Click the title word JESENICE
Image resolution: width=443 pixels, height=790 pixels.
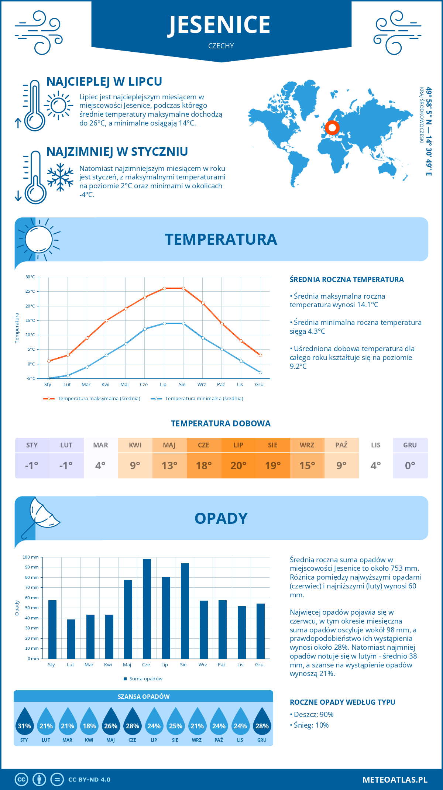click(x=220, y=25)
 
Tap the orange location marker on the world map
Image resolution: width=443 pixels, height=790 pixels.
click(x=332, y=128)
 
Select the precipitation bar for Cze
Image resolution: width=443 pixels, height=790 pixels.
click(x=147, y=609)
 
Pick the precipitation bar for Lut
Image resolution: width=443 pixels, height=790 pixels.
click(x=71, y=639)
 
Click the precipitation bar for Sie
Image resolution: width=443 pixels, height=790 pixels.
click(x=185, y=611)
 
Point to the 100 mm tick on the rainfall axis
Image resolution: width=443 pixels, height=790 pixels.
click(x=31, y=557)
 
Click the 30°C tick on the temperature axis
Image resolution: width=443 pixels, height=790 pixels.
click(x=30, y=277)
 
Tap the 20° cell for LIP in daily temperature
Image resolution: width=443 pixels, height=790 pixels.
click(x=238, y=465)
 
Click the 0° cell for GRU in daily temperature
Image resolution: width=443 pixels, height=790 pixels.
click(x=410, y=465)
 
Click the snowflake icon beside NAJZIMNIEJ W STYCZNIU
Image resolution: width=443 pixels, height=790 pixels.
click(x=60, y=177)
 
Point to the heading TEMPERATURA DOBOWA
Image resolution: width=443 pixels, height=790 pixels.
click(x=221, y=424)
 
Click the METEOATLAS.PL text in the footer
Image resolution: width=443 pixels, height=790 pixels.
click(x=395, y=780)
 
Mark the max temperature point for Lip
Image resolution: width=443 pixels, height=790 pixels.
click(x=164, y=288)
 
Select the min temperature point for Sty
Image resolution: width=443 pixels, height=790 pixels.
click(x=49, y=378)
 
